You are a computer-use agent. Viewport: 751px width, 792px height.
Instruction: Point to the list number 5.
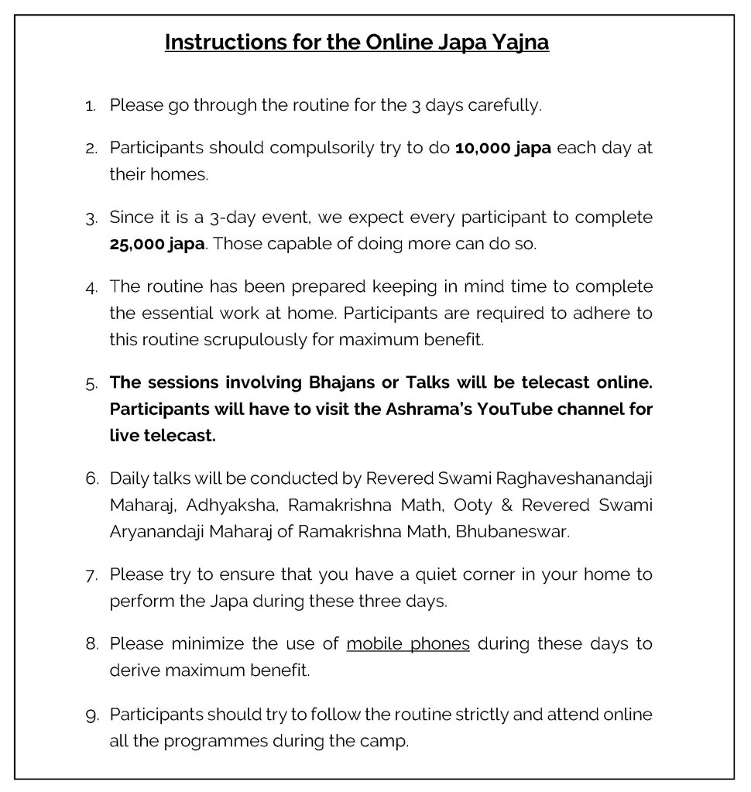tap(91, 383)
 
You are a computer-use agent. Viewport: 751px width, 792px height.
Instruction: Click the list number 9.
tap(91, 715)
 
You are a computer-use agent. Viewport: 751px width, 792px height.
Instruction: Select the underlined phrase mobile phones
tap(408, 644)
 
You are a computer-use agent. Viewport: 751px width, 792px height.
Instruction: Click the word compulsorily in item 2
tap(301, 148)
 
